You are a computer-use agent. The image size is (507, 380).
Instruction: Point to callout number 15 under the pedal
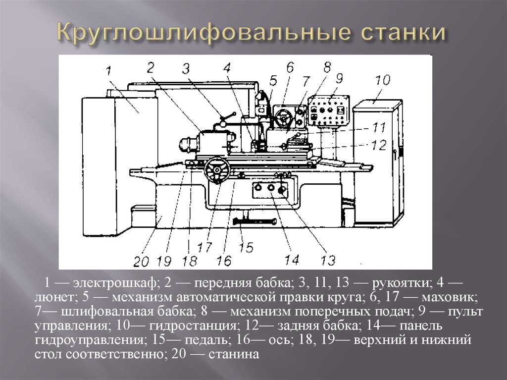[247, 247]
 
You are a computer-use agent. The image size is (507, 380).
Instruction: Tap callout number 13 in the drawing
[328, 260]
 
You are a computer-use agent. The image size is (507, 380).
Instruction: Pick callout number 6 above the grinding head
[290, 68]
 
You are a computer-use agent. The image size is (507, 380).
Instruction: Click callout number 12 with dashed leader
[379, 145]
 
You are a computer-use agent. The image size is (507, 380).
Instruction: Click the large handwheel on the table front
[217, 170]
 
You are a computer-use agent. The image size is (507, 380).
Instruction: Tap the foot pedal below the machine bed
[254, 221]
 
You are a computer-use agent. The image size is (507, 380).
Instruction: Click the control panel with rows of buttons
[329, 110]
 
